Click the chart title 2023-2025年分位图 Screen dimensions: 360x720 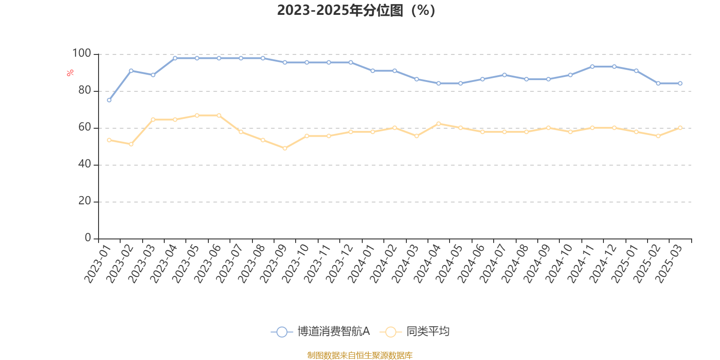click(x=356, y=10)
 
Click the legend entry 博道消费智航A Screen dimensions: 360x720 click(x=320, y=332)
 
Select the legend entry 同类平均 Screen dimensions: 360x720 click(x=415, y=332)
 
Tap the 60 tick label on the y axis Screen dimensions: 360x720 click(x=84, y=127)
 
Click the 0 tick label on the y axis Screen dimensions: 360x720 click(x=88, y=238)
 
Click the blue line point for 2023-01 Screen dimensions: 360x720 click(x=109, y=100)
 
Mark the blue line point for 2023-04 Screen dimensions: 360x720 click(x=175, y=58)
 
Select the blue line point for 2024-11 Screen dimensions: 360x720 click(x=592, y=67)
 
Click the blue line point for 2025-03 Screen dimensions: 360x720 click(x=680, y=83)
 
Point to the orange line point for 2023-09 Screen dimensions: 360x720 click(x=285, y=148)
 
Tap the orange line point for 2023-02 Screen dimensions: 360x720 click(x=131, y=144)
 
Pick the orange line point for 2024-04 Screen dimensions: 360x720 click(x=438, y=123)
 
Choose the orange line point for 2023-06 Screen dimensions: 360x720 click(x=219, y=116)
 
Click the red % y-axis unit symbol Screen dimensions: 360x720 click(x=70, y=73)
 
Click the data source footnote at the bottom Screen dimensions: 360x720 click(x=360, y=355)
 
